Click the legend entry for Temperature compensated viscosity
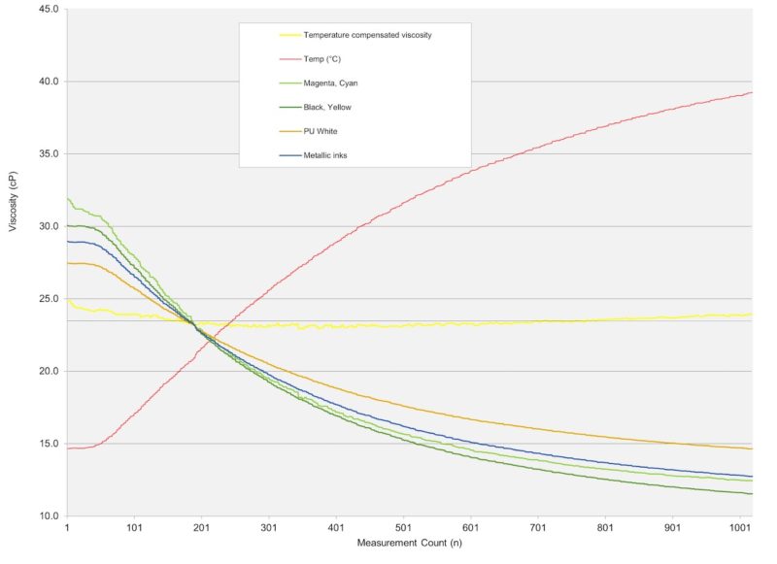[367, 35]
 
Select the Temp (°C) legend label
[323, 59]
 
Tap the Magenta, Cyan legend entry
[331, 83]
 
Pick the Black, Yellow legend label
[328, 107]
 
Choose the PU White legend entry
[321, 131]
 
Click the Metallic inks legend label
[325, 154]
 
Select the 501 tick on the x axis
[404, 528]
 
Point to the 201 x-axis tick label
[202, 528]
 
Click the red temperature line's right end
[752, 93]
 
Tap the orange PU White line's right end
[752, 448]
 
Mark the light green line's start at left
[67, 198]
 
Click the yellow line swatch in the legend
[289, 35]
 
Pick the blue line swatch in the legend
[289, 154]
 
